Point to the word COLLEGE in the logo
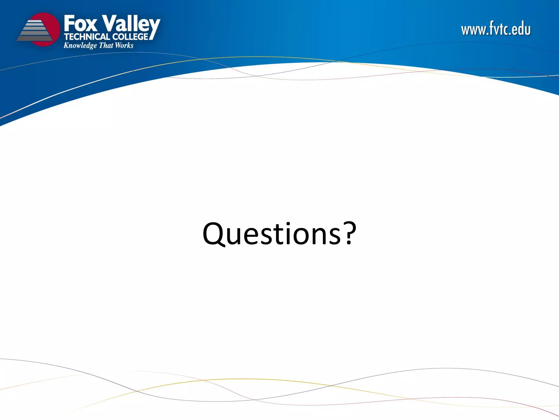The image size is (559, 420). coord(131,37)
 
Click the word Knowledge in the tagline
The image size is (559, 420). coord(80,46)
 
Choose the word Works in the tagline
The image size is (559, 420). coord(124,45)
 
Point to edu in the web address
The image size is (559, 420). coord(521,29)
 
